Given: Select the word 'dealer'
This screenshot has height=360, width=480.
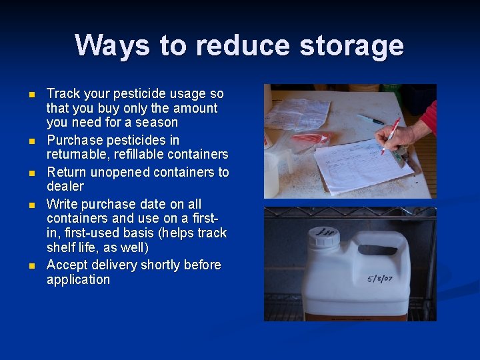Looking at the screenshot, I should [x=65, y=186].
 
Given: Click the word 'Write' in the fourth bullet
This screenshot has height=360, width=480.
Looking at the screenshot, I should [x=61, y=204].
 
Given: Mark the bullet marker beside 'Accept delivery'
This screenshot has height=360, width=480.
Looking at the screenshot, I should [x=31, y=266].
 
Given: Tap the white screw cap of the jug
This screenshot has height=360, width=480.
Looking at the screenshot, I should [x=324, y=236].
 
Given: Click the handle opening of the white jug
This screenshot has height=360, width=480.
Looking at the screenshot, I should [x=377, y=250].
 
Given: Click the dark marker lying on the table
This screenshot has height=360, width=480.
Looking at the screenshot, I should [x=370, y=119].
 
